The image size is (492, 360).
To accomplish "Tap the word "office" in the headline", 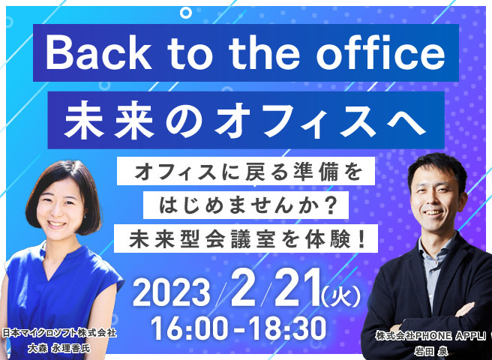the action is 380,52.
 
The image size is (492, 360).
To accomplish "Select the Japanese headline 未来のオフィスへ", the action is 244,120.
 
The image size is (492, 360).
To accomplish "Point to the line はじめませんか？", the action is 246,205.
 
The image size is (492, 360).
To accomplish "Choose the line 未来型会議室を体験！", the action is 247,238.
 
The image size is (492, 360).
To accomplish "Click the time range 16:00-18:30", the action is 238,328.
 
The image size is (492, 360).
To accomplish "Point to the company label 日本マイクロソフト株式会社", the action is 59,333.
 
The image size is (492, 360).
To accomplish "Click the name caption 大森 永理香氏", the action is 58,349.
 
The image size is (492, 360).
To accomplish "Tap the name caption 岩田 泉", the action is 430,351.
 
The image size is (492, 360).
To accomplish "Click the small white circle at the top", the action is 186,13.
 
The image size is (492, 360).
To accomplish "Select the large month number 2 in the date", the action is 243,288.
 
